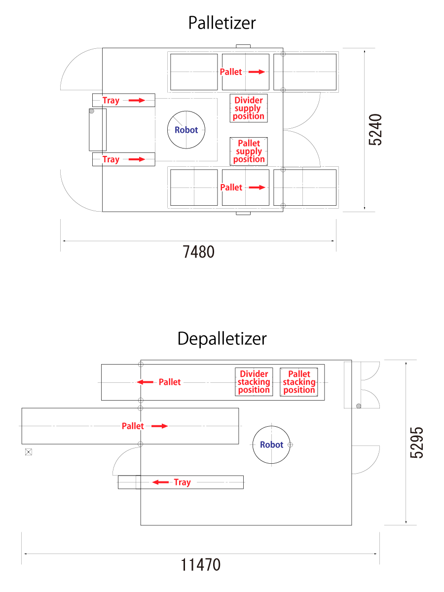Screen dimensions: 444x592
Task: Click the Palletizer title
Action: pyautogui.click(x=222, y=23)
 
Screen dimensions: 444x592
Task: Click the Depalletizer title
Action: pyautogui.click(x=222, y=339)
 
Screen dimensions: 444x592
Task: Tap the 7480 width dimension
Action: pyautogui.click(x=199, y=252)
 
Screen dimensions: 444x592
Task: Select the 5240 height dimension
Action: pyautogui.click(x=375, y=130)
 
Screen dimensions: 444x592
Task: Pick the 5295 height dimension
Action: pyautogui.click(x=416, y=443)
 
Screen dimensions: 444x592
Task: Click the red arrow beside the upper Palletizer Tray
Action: pyautogui.click(x=137, y=100)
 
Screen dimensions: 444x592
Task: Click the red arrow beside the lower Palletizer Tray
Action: pyautogui.click(x=137, y=159)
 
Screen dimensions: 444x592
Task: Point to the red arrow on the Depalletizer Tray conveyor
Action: pyautogui.click(x=160, y=482)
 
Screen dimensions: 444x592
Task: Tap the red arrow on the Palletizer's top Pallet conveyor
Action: pyautogui.click(x=257, y=72)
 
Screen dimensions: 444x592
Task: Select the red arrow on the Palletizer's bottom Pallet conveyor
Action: pyautogui.click(x=257, y=187)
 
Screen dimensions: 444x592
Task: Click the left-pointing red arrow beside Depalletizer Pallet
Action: pyautogui.click(x=145, y=382)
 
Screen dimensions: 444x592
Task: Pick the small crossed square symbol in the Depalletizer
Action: pyautogui.click(x=29, y=452)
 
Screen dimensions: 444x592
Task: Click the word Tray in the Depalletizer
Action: pyautogui.click(x=182, y=482)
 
